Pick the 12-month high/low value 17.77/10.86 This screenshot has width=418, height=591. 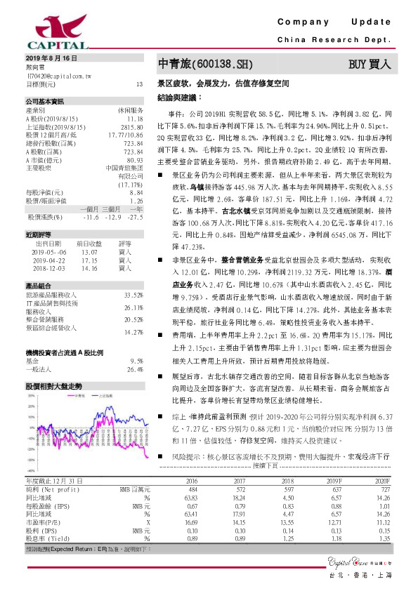click(x=126, y=134)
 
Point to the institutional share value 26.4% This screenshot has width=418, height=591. click(x=134, y=369)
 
